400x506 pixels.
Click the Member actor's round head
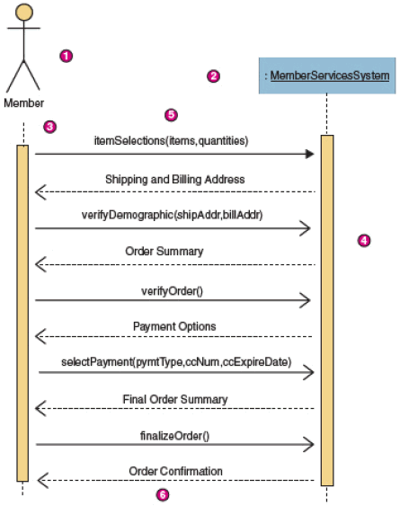[x=24, y=12]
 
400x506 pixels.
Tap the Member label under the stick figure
[x=24, y=103]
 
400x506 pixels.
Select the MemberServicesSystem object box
[x=327, y=75]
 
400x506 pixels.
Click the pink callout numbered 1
[x=67, y=56]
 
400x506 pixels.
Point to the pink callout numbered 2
[x=213, y=76]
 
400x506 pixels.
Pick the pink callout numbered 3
[x=49, y=127]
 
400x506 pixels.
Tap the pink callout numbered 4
[x=364, y=240]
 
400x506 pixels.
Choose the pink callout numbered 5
[x=171, y=115]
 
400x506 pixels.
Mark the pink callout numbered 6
[x=163, y=494]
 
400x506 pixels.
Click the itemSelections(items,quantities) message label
[x=171, y=141]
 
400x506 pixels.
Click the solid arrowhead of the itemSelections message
[x=309, y=154]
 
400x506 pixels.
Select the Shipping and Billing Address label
[x=175, y=180]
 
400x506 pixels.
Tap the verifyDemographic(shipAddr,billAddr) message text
[x=172, y=215]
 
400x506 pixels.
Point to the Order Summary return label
[x=164, y=252]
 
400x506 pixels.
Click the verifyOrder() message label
[x=172, y=291]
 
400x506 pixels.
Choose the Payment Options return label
[x=174, y=326]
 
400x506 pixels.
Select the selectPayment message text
[x=176, y=362]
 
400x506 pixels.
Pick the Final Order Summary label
[x=175, y=400]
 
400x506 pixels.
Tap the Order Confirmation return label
[x=175, y=472]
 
